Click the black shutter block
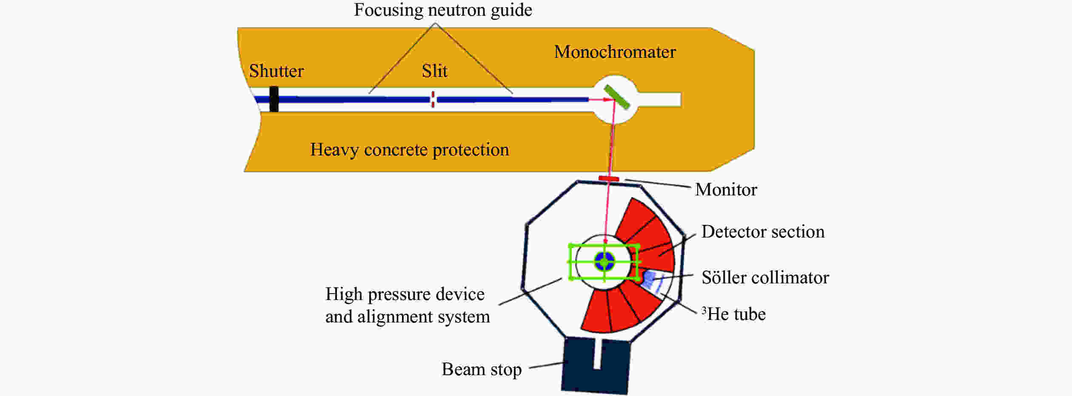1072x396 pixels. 274,99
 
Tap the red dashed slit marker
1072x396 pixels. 433,99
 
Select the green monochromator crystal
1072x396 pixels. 617,97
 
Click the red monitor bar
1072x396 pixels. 609,178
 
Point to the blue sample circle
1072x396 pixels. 604,261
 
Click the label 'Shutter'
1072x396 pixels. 276,71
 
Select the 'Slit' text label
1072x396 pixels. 434,71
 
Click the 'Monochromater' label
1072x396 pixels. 615,52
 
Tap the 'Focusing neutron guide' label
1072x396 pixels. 443,10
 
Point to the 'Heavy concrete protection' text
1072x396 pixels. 409,150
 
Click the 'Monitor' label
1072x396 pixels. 726,190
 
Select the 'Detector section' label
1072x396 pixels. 763,232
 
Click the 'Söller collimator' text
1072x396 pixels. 765,277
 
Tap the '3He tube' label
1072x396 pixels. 733,314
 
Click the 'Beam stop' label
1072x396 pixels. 481,369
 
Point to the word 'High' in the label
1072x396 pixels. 344,294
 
